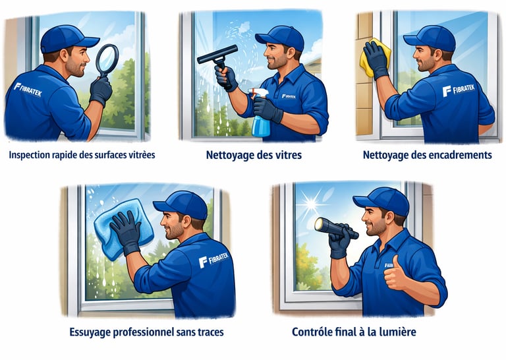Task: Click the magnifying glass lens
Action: [107, 60]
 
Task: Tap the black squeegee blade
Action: [217, 55]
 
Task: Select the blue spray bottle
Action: [260, 113]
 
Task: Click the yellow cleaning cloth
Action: [374, 57]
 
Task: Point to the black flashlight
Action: [336, 228]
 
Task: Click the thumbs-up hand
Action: [395, 273]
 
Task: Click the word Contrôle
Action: [308, 332]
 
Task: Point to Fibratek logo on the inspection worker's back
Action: [28, 90]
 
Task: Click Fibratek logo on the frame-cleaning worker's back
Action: [459, 90]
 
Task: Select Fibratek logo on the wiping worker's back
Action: [213, 260]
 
